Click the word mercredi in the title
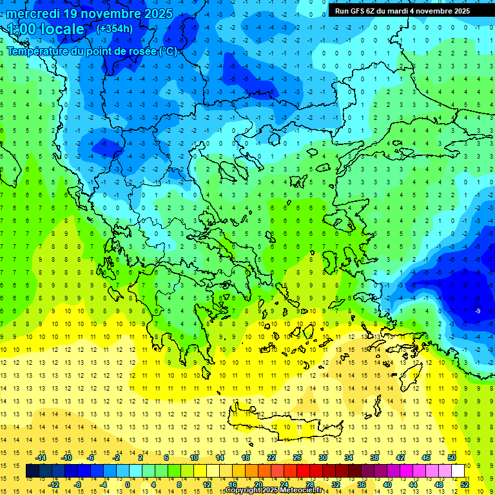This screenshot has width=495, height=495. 33,14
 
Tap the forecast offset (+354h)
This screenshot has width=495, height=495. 115,28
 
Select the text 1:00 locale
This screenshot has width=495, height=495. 46,29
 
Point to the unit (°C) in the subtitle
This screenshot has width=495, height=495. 167,51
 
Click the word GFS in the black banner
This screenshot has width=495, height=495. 362,11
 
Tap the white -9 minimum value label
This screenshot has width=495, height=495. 477,311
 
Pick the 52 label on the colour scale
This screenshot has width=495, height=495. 465,485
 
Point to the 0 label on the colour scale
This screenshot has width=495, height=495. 128,485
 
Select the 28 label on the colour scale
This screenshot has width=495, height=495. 310,485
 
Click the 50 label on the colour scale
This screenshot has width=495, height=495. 452,458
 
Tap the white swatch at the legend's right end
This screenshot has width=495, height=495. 458,471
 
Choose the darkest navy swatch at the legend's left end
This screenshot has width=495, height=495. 32,471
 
